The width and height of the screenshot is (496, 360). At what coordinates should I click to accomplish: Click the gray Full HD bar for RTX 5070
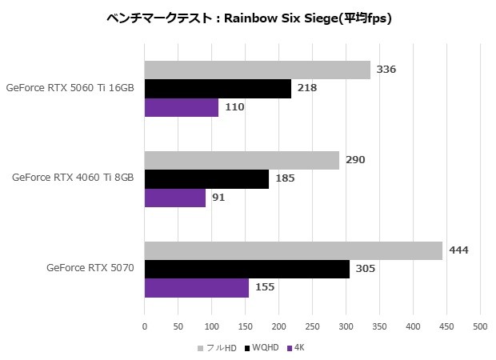point(293,250)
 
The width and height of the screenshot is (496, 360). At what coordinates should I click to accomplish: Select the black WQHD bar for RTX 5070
point(246,269)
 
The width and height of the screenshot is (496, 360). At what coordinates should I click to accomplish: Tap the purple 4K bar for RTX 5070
point(196,287)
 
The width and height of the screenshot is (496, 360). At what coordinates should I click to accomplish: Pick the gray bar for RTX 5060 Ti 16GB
point(257,70)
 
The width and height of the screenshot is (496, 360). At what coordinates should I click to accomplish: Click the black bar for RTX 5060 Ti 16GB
point(218,88)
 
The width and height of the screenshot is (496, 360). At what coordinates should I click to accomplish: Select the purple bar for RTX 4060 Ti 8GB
point(174,197)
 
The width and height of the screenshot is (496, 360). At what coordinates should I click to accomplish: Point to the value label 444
point(458,250)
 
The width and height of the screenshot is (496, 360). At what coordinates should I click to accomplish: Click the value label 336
point(386,70)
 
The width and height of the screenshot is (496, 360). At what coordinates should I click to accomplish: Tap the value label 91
point(218,197)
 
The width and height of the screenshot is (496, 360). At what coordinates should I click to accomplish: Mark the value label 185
point(285,178)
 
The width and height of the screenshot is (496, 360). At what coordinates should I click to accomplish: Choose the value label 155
point(265,287)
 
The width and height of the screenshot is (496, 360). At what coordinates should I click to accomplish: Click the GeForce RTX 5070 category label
point(90,268)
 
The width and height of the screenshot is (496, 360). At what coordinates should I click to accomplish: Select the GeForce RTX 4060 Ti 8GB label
point(73,178)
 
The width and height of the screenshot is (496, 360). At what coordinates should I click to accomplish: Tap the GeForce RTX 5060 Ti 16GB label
point(70,87)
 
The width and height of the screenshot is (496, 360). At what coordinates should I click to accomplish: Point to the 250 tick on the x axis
point(312,326)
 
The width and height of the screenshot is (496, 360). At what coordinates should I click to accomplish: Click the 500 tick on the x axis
point(480,326)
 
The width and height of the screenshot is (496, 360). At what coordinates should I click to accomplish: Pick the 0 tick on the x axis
point(145,326)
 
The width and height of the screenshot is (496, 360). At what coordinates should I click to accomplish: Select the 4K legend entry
point(298,348)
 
